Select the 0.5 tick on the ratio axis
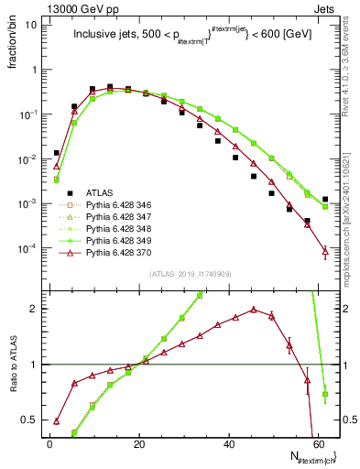pos(33,420)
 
